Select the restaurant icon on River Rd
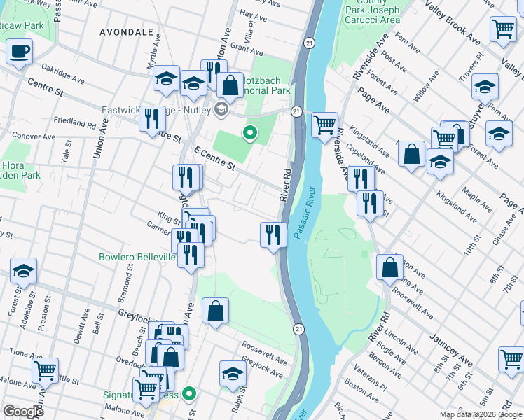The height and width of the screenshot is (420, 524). point(273,234)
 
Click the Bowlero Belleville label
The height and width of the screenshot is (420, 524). point(137,258)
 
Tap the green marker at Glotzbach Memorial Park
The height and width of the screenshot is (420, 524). point(249,132)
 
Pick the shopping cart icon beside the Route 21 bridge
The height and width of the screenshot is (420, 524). point(324,126)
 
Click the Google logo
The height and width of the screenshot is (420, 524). point(23,412)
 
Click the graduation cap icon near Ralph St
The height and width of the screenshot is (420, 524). point(233,374)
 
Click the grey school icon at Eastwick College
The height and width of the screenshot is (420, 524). point(221,108)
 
